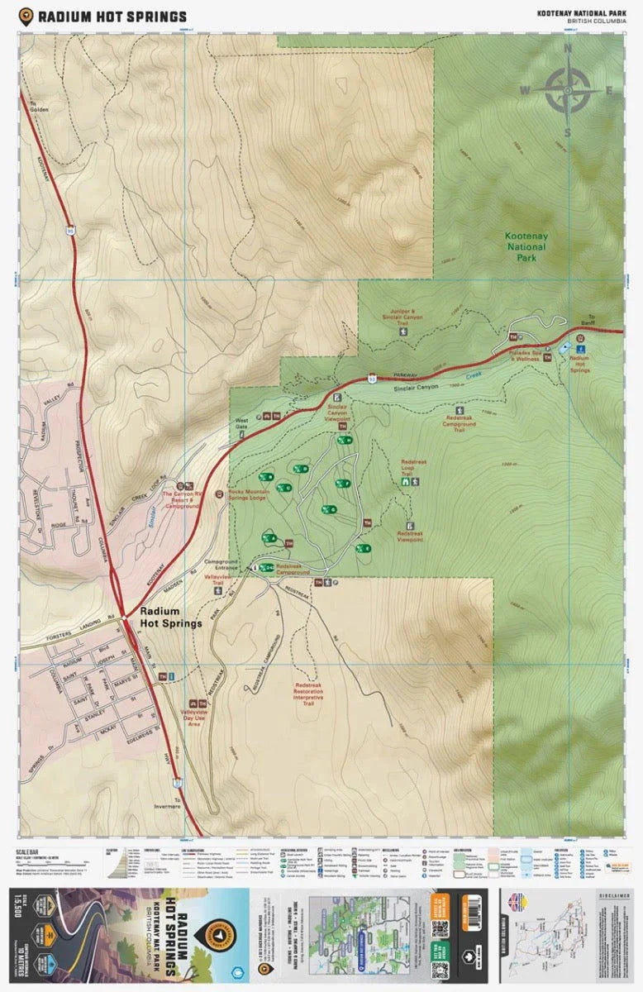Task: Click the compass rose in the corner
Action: [567, 89]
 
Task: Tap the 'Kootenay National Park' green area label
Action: [526, 246]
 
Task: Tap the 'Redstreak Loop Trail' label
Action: [412, 467]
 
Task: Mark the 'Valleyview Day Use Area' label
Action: [197, 721]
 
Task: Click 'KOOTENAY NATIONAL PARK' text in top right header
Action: [581, 12]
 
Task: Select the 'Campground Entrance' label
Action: [220, 565]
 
